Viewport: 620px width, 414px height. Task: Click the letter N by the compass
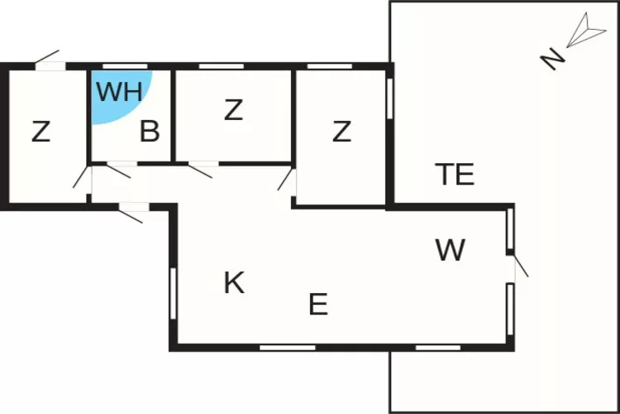(552, 59)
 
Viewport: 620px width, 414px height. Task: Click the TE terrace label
(455, 175)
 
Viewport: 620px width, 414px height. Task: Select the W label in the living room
(451, 250)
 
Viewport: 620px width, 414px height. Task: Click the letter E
(318, 305)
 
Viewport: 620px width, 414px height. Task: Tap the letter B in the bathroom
(150, 132)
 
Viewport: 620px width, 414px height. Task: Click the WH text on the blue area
(119, 92)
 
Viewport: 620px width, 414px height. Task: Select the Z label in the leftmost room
(41, 131)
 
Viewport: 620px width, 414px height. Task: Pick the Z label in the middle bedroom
(234, 110)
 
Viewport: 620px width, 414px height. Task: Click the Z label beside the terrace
(342, 131)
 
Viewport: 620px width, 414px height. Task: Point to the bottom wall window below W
(438, 347)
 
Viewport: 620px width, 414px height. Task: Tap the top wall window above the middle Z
(216, 66)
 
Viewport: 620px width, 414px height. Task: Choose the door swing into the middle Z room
(202, 170)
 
